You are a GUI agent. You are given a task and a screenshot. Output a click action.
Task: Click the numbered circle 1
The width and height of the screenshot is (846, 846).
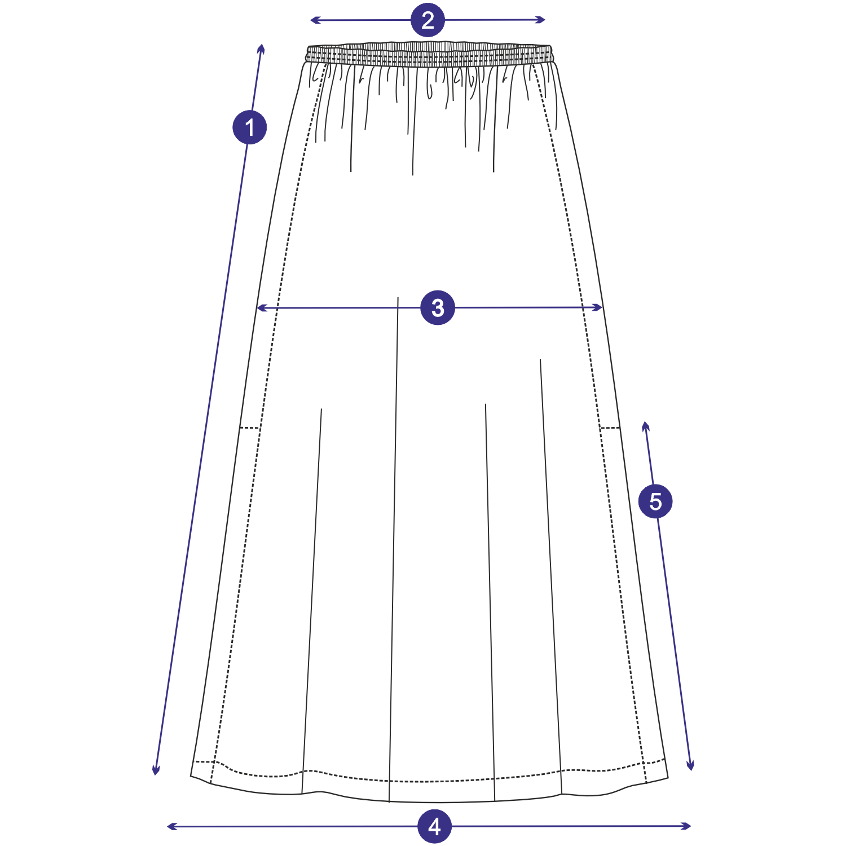coord(249,127)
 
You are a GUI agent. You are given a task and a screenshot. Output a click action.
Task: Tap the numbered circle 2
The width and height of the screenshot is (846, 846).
coord(428,20)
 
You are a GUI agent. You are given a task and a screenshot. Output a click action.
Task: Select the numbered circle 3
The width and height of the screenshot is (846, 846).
coord(438,308)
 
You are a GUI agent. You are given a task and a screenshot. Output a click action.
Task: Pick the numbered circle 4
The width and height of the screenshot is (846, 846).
coord(434,826)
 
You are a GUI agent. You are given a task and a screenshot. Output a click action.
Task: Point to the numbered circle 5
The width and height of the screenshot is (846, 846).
coord(655,501)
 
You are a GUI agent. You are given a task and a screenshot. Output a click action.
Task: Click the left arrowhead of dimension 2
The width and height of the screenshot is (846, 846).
coord(312,20)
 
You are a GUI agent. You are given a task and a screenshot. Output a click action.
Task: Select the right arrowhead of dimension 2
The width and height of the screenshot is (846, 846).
coord(544,20)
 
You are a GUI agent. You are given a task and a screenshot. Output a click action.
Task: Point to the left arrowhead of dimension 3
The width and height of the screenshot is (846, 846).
coord(258,308)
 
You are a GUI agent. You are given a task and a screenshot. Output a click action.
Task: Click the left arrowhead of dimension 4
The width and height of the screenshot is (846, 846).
coord(169,827)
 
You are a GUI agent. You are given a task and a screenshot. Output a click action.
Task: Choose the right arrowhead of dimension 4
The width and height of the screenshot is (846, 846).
coord(690,826)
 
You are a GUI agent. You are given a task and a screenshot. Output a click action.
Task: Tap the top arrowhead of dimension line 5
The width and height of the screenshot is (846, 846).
coord(646,422)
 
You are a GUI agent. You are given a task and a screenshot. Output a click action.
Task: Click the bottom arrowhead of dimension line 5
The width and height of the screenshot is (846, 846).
coord(690,769)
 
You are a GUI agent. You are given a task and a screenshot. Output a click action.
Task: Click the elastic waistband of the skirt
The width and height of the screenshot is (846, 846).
coord(430,55)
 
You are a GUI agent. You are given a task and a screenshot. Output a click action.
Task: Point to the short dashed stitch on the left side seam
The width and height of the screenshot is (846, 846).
coord(249,428)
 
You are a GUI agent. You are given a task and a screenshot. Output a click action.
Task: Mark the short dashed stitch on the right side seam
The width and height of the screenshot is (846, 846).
coord(610,428)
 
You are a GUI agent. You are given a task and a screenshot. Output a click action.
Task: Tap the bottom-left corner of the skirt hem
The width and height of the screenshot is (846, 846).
coord(191,776)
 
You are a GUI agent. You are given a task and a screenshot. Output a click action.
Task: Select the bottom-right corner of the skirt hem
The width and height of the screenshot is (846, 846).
coord(668,778)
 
